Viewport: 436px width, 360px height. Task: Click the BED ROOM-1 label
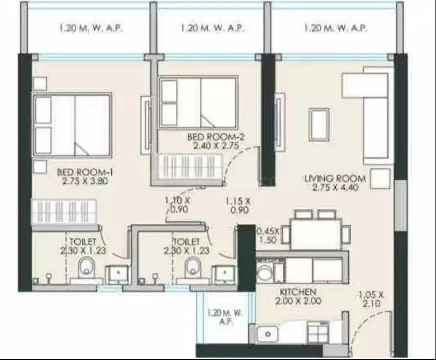(85, 172)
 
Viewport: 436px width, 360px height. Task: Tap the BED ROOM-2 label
(216, 137)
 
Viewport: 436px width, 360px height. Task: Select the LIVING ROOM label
(335, 178)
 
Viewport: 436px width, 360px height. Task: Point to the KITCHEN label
(298, 292)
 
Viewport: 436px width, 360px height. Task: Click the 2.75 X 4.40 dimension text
(335, 187)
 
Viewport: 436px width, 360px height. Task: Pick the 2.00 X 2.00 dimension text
(298, 301)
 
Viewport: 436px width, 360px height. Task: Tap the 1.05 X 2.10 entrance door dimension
(371, 298)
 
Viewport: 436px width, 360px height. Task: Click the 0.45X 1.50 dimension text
(268, 235)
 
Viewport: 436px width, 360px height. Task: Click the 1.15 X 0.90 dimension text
(238, 205)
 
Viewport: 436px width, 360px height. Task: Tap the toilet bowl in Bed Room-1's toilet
(86, 268)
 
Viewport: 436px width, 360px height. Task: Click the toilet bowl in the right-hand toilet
(193, 267)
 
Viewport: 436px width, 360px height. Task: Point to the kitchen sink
(267, 333)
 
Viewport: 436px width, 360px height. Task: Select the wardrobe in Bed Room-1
(64, 212)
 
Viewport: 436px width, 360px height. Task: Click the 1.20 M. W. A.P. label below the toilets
(226, 317)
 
